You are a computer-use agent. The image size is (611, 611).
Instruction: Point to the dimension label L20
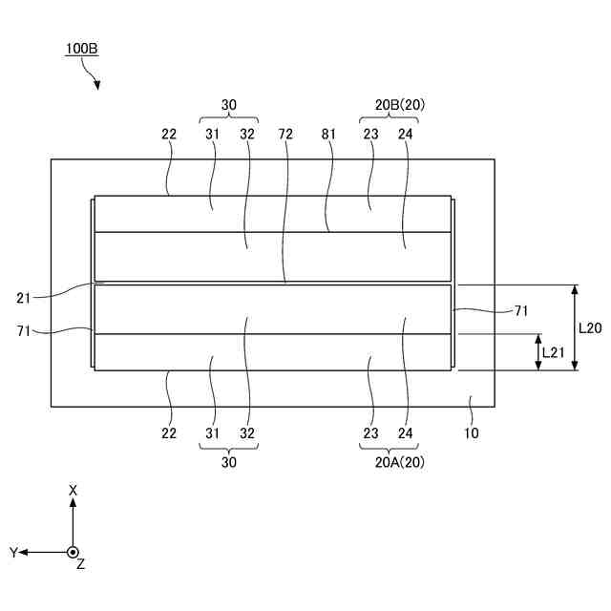[x=591, y=327]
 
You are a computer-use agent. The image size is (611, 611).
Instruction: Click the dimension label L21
[x=555, y=352]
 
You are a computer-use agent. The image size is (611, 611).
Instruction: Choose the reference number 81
[x=328, y=135]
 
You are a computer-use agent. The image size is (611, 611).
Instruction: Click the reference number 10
[x=472, y=432]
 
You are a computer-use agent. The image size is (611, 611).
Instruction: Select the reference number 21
[x=25, y=298]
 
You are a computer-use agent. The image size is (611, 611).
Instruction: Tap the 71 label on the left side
[x=25, y=330]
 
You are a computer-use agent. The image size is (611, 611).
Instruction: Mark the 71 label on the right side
[x=521, y=309]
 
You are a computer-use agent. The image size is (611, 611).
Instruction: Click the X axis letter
[x=73, y=490]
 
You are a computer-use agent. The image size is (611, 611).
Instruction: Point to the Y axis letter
[x=13, y=552]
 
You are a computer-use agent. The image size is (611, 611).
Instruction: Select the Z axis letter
[x=81, y=565]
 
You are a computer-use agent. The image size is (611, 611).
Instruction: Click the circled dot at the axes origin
[x=73, y=552]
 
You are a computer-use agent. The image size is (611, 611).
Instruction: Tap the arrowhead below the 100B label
[x=96, y=86]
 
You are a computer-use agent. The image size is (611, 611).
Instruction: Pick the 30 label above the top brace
[x=229, y=105]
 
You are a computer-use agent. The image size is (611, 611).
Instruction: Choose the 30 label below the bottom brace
[x=229, y=462]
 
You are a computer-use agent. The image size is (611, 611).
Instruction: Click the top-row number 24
[x=405, y=135]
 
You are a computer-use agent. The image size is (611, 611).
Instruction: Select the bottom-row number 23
[x=370, y=432]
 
